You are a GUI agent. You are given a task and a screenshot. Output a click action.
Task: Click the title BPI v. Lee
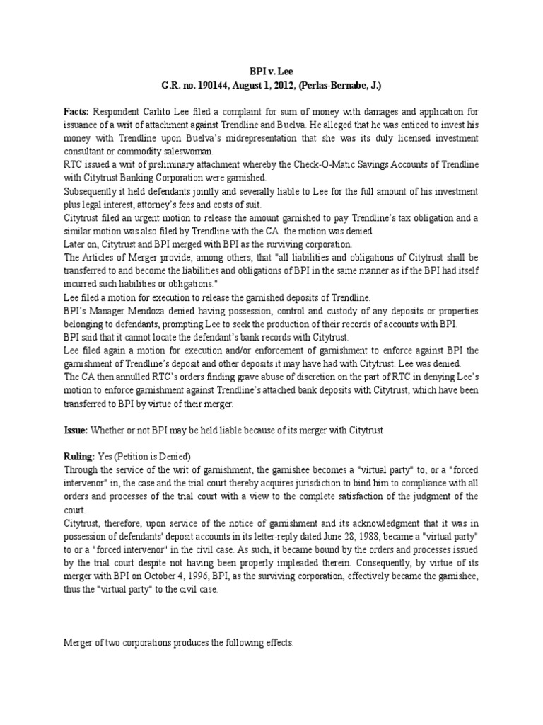[x=271, y=71]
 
